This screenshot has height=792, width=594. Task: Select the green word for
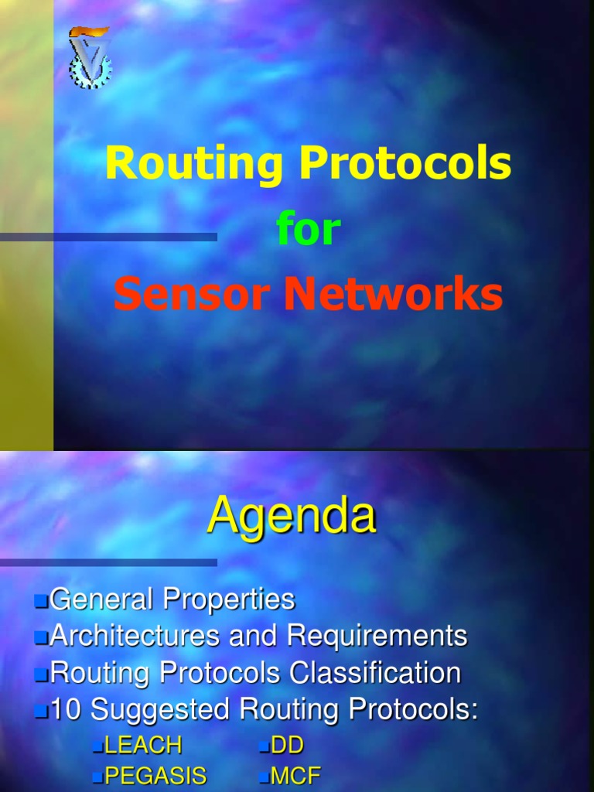pyautogui.click(x=308, y=230)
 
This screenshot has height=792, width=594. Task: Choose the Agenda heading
pyautogui.click(x=292, y=515)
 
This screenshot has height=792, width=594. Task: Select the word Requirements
pyautogui.click(x=377, y=636)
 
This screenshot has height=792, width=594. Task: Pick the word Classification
pyautogui.click(x=375, y=673)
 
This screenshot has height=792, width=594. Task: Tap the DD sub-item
pyautogui.click(x=287, y=746)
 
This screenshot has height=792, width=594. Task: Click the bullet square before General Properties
pyautogui.click(x=41, y=600)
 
